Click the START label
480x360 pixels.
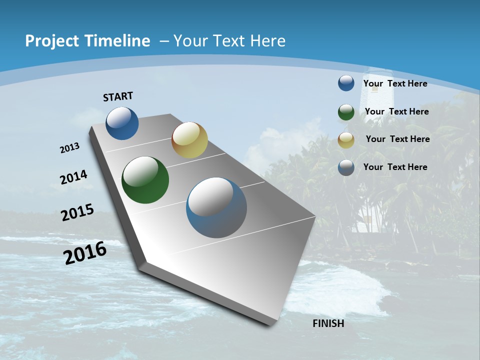[118, 96]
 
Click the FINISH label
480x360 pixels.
[328, 323]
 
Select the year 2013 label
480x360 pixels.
[69, 147]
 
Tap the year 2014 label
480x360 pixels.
[73, 177]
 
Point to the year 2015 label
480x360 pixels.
[77, 212]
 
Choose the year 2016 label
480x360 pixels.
[85, 253]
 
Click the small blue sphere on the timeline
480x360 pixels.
[122, 123]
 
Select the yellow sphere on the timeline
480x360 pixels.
[189, 139]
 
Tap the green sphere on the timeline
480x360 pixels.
[145, 180]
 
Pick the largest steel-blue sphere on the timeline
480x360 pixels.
[216, 207]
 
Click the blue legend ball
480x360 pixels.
[346, 83]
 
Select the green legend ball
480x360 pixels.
[346, 111]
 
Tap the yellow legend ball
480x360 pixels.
[346, 139]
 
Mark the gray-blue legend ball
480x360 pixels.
[346, 167]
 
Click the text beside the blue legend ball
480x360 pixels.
[395, 83]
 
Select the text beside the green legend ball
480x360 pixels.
[396, 111]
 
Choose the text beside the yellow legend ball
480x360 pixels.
[397, 139]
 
